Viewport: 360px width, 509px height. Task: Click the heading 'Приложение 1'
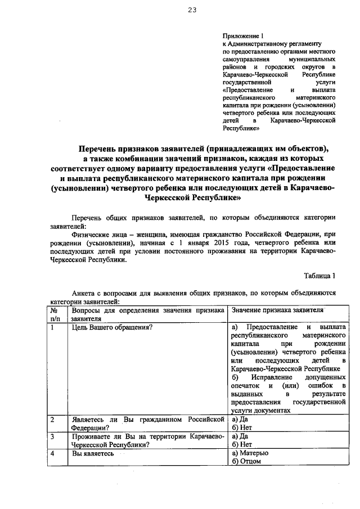point(240,35)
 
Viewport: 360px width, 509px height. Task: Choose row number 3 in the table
point(52,436)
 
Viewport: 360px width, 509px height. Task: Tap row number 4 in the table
point(52,453)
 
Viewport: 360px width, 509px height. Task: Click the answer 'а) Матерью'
point(250,453)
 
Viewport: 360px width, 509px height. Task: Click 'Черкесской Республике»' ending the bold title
point(193,198)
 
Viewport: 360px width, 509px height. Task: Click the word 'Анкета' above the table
point(84,293)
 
